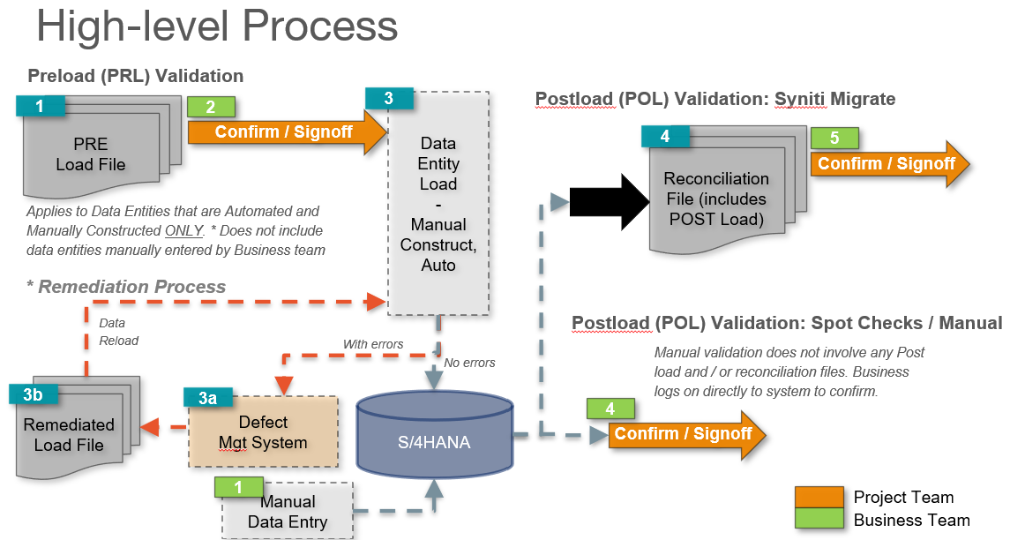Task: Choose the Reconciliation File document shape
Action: [x=715, y=199]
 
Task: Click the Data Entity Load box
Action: [x=438, y=203]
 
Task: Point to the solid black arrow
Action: [x=609, y=202]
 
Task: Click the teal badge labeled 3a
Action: [x=207, y=398]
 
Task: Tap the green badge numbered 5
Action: [x=834, y=138]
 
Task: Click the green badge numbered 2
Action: [x=211, y=108]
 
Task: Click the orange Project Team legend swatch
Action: [x=818, y=497]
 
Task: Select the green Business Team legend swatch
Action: [x=818, y=521]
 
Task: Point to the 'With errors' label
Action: [x=373, y=344]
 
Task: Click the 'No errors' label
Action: [x=469, y=363]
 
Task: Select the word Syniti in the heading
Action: [x=800, y=99]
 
